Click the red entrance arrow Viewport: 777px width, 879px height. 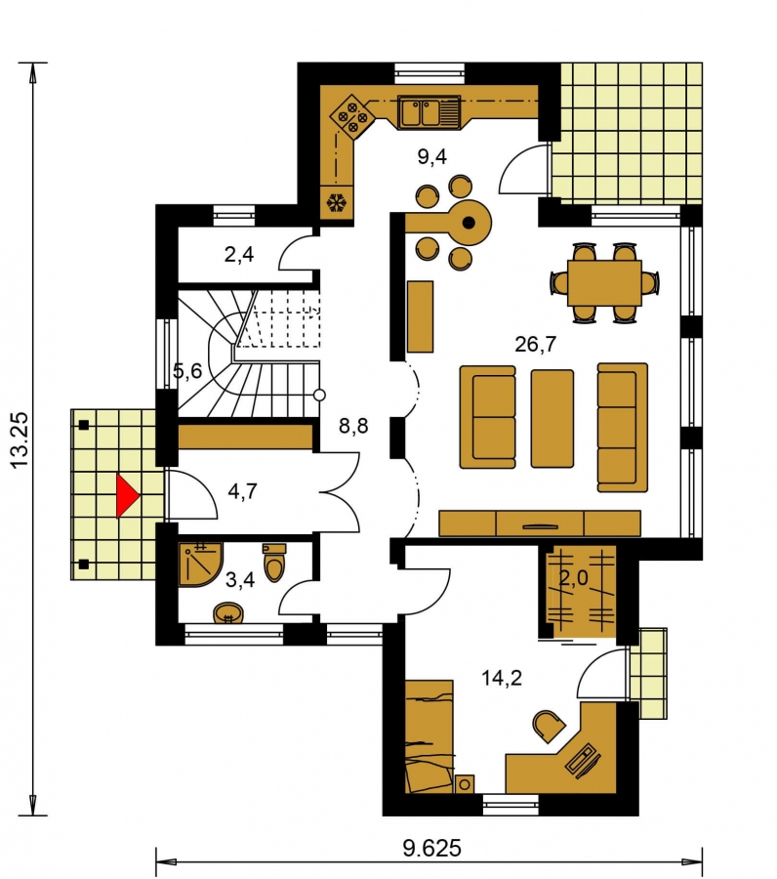(127, 495)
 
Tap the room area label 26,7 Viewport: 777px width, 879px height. (536, 344)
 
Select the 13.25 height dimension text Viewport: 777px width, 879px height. (19, 440)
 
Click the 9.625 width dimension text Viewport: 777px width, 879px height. (431, 848)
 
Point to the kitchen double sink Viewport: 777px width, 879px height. (429, 111)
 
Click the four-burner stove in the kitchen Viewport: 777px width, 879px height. (351, 116)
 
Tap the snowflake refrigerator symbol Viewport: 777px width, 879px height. (337, 202)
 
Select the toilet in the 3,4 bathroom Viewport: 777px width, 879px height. (274, 563)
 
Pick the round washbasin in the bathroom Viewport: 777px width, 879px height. (228, 612)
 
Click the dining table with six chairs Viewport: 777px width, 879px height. (604, 282)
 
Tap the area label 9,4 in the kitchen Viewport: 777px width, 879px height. (431, 157)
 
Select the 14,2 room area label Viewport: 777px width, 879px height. (502, 679)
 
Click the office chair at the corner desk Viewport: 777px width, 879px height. (548, 726)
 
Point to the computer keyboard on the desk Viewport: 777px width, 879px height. (583, 760)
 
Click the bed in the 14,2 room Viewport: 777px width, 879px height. (429, 736)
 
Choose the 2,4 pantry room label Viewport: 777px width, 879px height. (238, 255)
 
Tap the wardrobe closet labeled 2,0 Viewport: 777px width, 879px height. (578, 592)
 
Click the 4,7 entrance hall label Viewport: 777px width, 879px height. (242, 491)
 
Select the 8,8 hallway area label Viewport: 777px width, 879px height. (353, 427)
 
